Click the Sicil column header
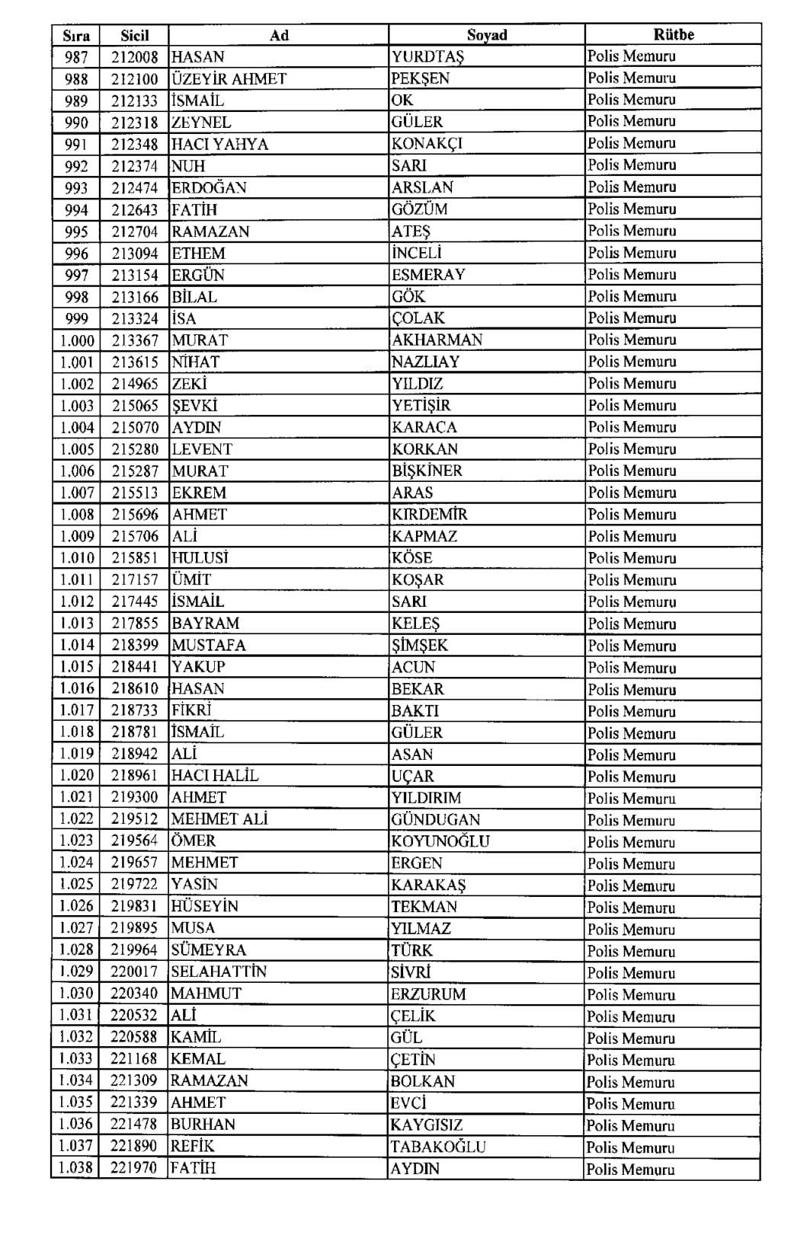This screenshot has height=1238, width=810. [135, 35]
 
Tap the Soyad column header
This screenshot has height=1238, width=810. [487, 35]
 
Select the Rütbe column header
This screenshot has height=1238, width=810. [674, 34]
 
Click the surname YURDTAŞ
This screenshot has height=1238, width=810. [427, 56]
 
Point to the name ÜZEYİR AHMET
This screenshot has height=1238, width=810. [229, 78]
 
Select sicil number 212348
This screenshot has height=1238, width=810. [135, 144]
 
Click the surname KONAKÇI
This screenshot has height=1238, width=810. [427, 143]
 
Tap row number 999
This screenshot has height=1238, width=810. [76, 318]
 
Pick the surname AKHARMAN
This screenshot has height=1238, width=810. [437, 340]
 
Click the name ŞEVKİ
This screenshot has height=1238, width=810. [194, 405]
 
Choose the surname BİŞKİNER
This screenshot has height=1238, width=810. [427, 471]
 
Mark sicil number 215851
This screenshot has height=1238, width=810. [135, 558]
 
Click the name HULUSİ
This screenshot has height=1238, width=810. [200, 558]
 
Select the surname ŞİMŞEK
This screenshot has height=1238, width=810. [419, 645]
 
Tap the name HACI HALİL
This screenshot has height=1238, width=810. [215, 776]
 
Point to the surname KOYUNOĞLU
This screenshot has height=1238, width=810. [440, 841]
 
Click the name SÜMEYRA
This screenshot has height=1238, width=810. [208, 950]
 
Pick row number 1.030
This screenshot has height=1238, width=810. [76, 994]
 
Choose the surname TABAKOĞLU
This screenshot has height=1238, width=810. [437, 1147]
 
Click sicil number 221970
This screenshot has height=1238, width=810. [134, 1168]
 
